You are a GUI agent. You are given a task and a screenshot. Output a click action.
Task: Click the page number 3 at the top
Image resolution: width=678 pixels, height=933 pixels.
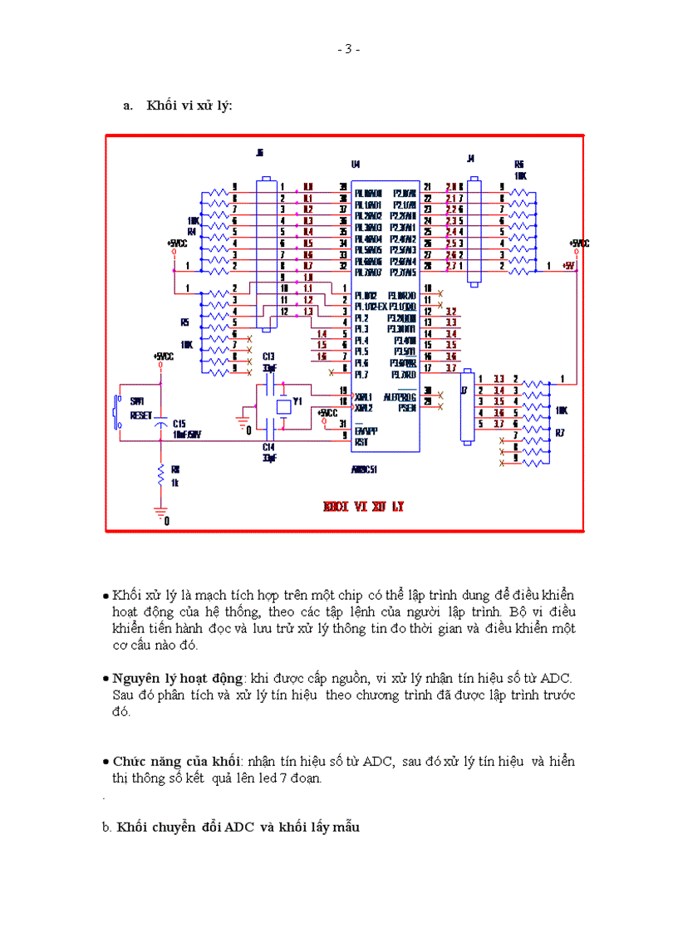(x=348, y=49)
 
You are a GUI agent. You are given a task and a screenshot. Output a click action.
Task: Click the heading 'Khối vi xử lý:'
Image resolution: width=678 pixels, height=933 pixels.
(x=189, y=106)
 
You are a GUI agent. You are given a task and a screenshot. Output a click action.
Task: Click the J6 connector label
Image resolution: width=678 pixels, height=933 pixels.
(x=259, y=153)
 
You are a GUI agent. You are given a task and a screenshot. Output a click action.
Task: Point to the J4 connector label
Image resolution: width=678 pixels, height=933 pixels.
(x=470, y=158)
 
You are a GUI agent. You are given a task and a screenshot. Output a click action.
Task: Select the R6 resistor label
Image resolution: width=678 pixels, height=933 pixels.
(x=519, y=164)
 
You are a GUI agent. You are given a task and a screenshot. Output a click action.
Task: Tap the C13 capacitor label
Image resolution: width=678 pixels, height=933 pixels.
(x=268, y=356)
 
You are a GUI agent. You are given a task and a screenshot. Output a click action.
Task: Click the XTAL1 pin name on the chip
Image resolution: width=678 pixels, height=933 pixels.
(x=364, y=395)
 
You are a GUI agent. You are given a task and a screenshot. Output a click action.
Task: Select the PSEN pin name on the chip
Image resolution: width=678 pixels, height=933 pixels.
(x=406, y=407)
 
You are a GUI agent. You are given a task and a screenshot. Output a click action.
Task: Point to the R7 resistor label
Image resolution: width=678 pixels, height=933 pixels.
(x=560, y=431)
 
